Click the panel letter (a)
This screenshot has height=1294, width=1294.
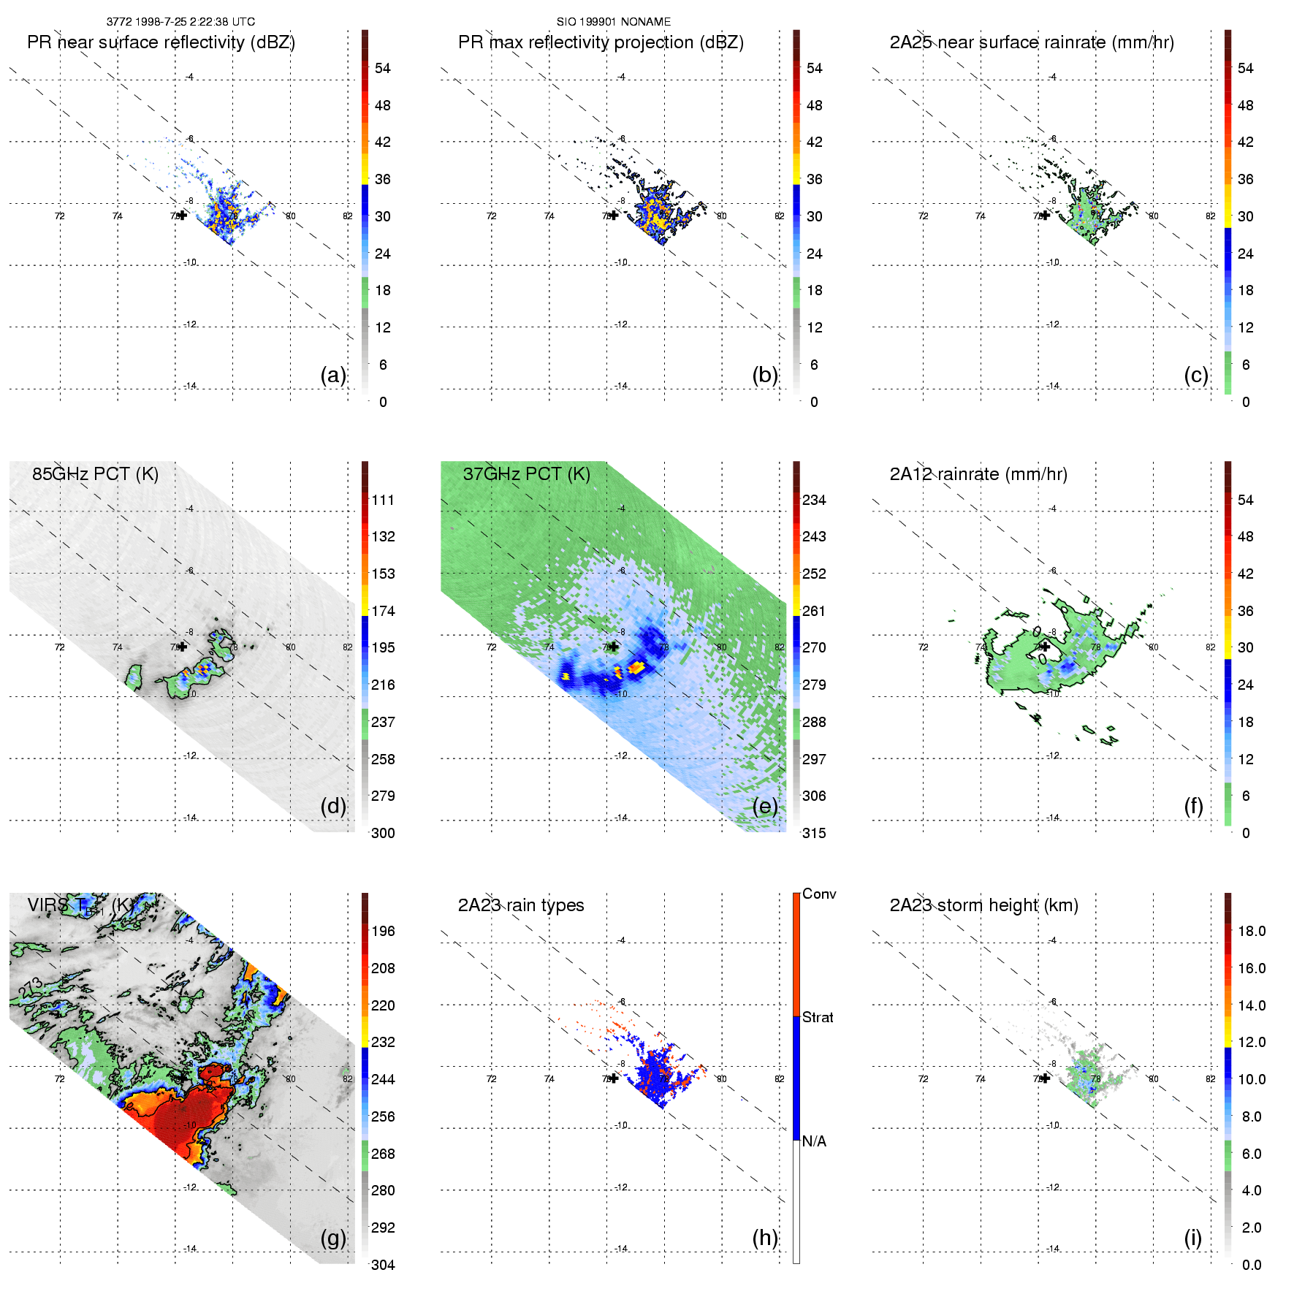point(332,375)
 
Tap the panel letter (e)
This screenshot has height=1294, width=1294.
point(764,806)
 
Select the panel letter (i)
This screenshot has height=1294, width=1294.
point(1192,1238)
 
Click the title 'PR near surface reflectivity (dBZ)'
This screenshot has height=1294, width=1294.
point(161,42)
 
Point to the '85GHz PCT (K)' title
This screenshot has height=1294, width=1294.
point(95,473)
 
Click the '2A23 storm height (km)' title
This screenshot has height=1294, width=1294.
point(983,905)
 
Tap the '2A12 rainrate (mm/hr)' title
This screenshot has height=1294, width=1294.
point(978,474)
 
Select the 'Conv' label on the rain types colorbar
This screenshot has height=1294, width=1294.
point(819,894)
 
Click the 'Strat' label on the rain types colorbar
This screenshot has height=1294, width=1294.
point(818,1017)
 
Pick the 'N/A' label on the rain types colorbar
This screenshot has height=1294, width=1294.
point(814,1141)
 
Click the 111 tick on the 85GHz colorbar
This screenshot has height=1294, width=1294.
point(383,500)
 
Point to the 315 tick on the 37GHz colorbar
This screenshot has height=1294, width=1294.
point(814,833)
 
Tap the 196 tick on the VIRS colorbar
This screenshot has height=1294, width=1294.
point(383,931)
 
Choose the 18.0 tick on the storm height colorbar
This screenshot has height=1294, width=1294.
point(1251,931)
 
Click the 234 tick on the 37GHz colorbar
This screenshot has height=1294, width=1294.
point(814,500)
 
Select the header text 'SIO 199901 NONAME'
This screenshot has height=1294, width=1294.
point(614,22)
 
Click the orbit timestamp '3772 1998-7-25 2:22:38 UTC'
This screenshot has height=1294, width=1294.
point(180,22)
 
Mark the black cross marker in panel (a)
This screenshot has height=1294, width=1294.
point(182,215)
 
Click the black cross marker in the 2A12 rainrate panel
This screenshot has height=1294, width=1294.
point(1046,646)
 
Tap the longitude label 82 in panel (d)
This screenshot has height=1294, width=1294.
point(348,647)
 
